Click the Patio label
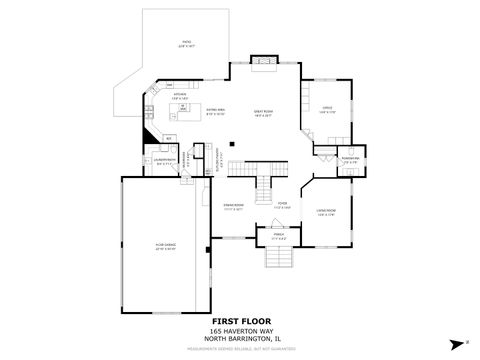point(187,45)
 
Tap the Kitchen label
point(180,98)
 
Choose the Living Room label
point(326,211)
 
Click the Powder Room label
point(350,158)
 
